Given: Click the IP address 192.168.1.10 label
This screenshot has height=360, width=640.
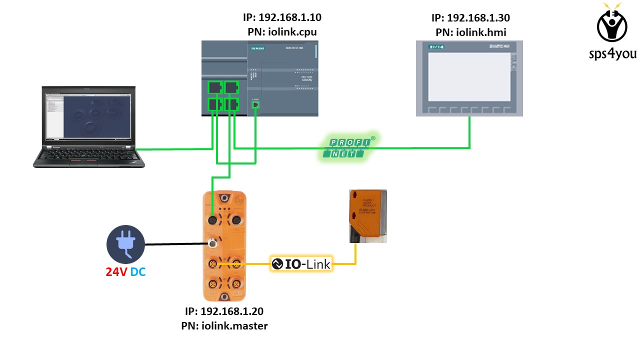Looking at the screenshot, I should [281, 17].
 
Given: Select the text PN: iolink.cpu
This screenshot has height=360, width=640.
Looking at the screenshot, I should [282, 32].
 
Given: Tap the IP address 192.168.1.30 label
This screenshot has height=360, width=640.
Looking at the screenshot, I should [470, 18].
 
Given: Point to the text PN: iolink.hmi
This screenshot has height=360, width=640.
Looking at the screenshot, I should [470, 33].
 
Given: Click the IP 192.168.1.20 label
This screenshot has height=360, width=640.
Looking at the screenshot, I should [224, 311].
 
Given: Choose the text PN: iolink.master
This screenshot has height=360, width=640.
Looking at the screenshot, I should [224, 326].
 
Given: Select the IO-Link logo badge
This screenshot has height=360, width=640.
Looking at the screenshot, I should [301, 263].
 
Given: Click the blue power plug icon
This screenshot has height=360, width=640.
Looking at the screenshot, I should [125, 244].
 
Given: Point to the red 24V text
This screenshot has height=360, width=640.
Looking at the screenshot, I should [116, 272].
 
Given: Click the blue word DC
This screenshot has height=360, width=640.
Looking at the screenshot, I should [138, 272].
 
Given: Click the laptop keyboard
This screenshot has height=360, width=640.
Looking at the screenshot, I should [89, 156].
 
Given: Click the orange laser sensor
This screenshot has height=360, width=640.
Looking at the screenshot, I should [367, 215].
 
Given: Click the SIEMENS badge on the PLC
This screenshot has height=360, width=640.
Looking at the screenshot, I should [257, 48].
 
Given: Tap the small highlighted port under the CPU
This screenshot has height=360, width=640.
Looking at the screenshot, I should [255, 104].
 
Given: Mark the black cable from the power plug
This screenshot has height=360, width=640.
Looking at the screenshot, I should [175, 244].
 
